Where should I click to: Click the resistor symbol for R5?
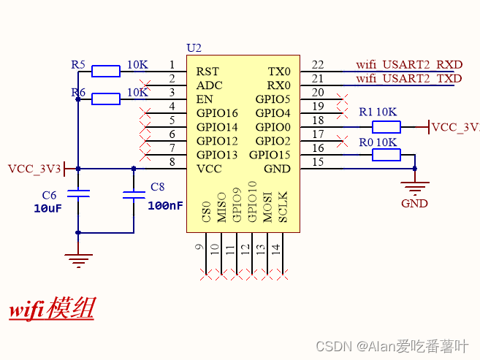106,72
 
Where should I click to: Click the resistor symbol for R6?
106,99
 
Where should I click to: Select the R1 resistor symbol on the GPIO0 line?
386,127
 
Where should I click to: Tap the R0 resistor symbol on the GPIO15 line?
386,155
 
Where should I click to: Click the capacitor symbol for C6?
78,194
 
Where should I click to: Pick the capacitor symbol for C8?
134,195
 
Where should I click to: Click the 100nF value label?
165,206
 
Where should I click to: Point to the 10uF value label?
47,209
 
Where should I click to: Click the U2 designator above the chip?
194,48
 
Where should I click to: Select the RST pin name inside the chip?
207,72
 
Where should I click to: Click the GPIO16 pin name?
217,113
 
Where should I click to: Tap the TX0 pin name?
279,72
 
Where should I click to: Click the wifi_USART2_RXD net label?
409,65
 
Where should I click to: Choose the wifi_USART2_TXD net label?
409,79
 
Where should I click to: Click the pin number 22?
318,65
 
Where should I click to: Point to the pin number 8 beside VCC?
172,162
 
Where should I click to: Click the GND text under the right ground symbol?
414,204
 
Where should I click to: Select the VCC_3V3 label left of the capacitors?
34,169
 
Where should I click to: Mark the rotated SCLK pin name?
283,207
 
